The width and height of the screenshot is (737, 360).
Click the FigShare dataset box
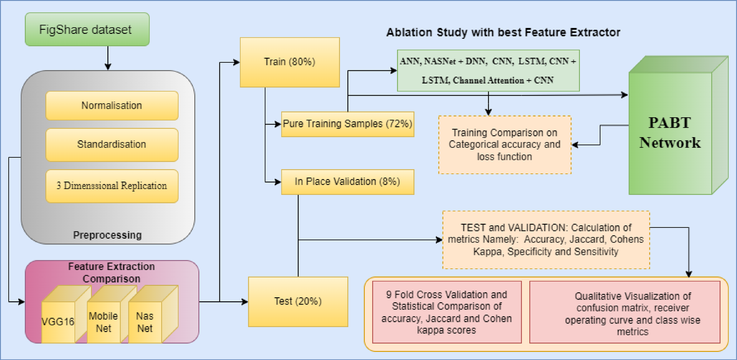coord(87,30)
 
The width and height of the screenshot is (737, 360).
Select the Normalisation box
coord(112,106)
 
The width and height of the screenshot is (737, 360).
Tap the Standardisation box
coord(112,144)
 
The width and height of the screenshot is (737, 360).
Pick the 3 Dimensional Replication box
coord(112,186)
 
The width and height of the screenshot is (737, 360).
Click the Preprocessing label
coord(107,235)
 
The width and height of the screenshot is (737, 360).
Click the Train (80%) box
coord(290,62)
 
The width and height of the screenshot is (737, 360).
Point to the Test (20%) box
coord(298,301)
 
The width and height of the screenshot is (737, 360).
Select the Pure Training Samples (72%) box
coord(348,124)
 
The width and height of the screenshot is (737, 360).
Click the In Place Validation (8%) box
coord(348,182)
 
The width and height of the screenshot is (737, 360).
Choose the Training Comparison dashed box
coord(505,145)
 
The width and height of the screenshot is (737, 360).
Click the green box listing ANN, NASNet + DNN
coord(488,71)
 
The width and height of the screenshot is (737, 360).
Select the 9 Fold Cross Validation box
coord(447,312)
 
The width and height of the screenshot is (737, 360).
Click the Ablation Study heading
coord(503,32)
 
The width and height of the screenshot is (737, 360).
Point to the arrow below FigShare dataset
coord(107,58)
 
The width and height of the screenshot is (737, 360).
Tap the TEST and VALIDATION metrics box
coord(546,240)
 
